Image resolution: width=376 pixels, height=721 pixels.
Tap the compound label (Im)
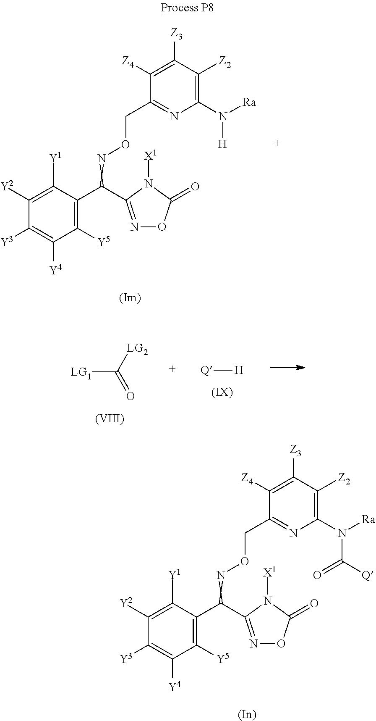[x=130, y=298]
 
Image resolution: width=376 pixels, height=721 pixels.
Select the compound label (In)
[x=247, y=714]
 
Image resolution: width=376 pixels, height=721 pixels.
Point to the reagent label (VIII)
[x=110, y=419]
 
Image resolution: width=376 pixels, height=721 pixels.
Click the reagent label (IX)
[x=222, y=393]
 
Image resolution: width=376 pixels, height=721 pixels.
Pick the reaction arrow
[x=287, y=367]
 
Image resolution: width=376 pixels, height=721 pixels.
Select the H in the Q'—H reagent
[x=238, y=370]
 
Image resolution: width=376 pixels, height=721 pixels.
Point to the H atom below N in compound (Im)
[x=222, y=144]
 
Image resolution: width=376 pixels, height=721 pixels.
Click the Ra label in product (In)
[x=368, y=520]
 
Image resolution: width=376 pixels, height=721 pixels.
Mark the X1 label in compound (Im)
[x=150, y=155]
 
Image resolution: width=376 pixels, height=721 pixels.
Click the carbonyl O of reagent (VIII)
[x=130, y=396]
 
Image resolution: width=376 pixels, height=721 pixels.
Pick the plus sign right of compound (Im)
[x=277, y=143]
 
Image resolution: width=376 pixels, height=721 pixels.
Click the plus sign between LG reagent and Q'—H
[x=172, y=369]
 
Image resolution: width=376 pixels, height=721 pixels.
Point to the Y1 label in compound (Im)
[x=55, y=159]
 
